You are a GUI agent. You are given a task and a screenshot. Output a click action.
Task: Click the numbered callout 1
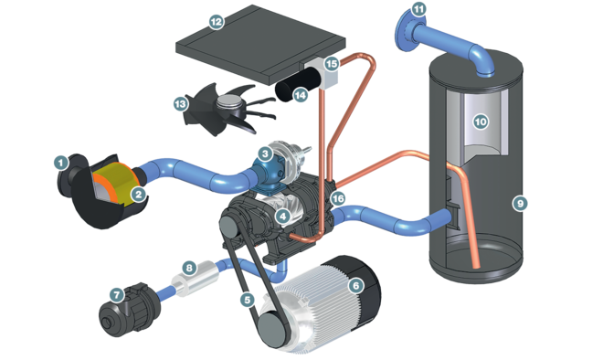coord(61,164)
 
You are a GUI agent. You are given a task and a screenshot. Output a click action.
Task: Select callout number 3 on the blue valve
coord(264,154)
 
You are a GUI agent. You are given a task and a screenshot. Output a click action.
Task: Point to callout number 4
coord(284,217)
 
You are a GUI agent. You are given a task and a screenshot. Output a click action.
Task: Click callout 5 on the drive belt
coord(246,299)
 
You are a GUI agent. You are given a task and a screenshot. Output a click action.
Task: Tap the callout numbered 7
coord(116,295)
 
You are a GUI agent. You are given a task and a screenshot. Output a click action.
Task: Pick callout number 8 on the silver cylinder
coord(189,268)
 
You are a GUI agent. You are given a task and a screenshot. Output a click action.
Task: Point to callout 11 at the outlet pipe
coord(419,10)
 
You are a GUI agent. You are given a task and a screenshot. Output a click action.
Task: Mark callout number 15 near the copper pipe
coord(331,63)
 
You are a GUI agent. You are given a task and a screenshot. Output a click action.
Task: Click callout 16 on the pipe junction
coord(338,198)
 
